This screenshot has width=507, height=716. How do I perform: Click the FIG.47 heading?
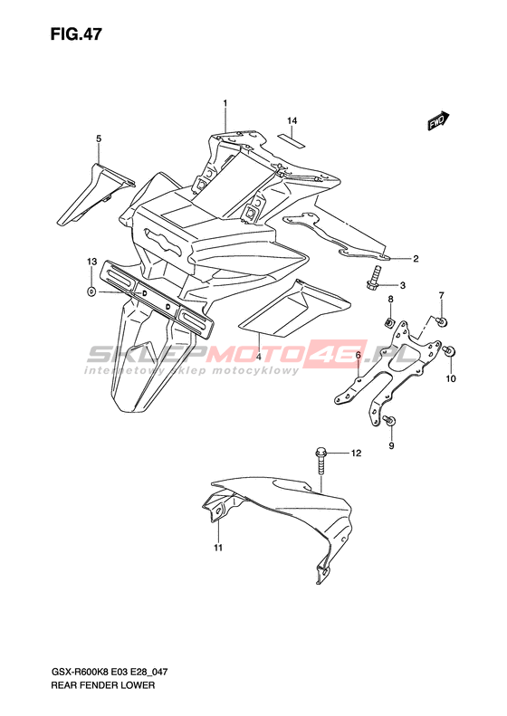(76, 34)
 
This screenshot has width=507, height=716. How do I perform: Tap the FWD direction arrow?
(438, 120)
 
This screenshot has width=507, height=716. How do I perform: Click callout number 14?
(292, 120)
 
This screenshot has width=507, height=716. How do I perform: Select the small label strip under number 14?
(292, 140)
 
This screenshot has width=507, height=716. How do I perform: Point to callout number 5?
(98, 138)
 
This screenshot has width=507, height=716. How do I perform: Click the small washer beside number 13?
(91, 291)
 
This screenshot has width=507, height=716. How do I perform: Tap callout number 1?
(225, 104)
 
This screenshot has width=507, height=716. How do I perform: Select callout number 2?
(416, 259)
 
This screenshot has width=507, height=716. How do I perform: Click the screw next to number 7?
(442, 321)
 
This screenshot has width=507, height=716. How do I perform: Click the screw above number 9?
(390, 420)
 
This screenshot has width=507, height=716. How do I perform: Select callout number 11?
(218, 547)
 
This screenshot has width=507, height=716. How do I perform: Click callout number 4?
(259, 357)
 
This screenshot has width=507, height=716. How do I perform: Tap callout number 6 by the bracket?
(359, 355)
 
